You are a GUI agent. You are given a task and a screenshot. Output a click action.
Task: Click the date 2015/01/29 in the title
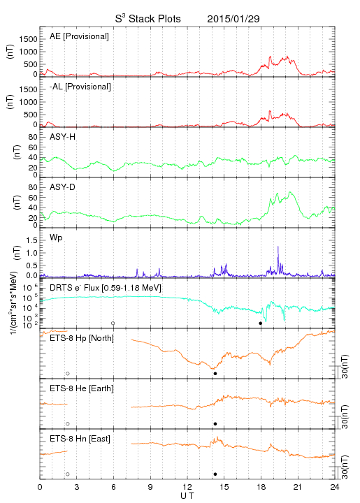click(233, 19)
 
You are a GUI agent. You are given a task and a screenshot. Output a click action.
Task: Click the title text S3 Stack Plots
click(147, 19)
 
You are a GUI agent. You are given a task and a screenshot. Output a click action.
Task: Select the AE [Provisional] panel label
click(79, 36)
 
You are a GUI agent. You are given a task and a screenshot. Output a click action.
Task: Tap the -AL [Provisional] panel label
click(80, 87)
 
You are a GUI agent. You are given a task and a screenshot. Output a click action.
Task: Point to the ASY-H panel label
click(63, 137)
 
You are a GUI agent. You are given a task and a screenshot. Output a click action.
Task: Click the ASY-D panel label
click(63, 187)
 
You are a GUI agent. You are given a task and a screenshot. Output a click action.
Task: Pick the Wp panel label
click(56, 238)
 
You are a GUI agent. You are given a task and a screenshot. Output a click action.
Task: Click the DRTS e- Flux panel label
click(106, 288)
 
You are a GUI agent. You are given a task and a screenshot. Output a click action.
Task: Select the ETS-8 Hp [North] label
click(82, 338)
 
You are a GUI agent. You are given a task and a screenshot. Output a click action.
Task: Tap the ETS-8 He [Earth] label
click(82, 388)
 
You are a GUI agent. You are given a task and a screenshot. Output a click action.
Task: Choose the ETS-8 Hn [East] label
click(80, 439)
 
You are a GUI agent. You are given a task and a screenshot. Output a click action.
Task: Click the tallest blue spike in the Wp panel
click(278, 260)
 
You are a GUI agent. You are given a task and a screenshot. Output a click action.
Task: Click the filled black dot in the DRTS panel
click(261, 323)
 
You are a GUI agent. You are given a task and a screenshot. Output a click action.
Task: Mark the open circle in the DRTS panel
click(113, 323)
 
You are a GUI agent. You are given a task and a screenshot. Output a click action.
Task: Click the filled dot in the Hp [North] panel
click(215, 373)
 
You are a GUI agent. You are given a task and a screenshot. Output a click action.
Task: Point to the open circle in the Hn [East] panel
click(68, 474)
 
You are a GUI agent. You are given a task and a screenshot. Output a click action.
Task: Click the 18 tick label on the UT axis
click(261, 487)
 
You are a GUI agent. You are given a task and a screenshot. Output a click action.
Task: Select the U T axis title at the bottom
click(187, 496)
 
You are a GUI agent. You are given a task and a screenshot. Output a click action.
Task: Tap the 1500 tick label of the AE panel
click(29, 39)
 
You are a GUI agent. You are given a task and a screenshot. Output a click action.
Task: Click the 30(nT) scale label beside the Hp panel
click(345, 367)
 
